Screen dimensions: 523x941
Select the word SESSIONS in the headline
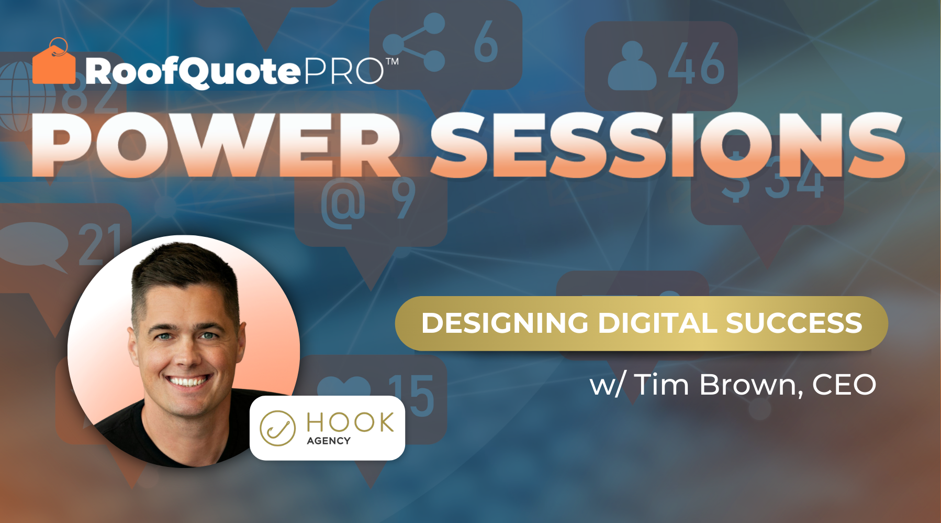pyautogui.click(x=667, y=145)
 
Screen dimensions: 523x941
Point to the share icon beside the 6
pyautogui.click(x=413, y=42)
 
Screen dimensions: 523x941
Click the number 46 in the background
pyautogui.click(x=697, y=64)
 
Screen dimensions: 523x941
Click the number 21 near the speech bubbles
pyautogui.click(x=99, y=244)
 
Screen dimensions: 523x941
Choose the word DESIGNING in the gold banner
pyautogui.click(x=505, y=323)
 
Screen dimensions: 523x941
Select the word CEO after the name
pyautogui.click(x=844, y=385)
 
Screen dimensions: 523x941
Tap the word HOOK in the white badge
pyautogui.click(x=350, y=422)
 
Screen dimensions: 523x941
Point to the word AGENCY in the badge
pyautogui.click(x=329, y=441)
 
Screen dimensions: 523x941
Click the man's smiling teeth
pyautogui.click(x=187, y=381)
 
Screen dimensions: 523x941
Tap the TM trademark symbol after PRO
pyautogui.click(x=392, y=61)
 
